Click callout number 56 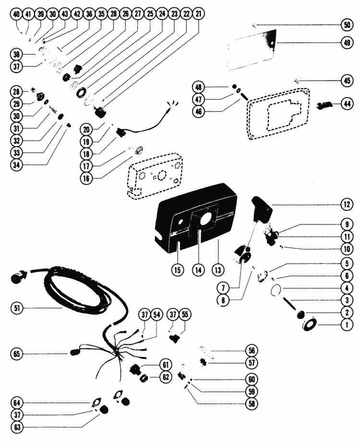click(250, 350)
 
